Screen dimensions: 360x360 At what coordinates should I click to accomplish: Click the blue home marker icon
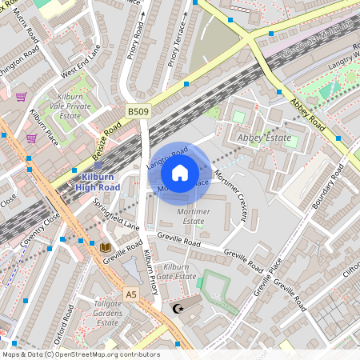(180, 173)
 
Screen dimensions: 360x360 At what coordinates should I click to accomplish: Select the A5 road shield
(131, 294)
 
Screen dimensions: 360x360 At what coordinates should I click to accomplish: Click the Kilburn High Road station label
(98, 182)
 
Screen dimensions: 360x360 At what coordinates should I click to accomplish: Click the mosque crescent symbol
(178, 308)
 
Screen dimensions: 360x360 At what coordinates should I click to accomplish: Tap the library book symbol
(105, 248)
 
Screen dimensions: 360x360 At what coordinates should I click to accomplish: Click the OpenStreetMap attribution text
(81, 354)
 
